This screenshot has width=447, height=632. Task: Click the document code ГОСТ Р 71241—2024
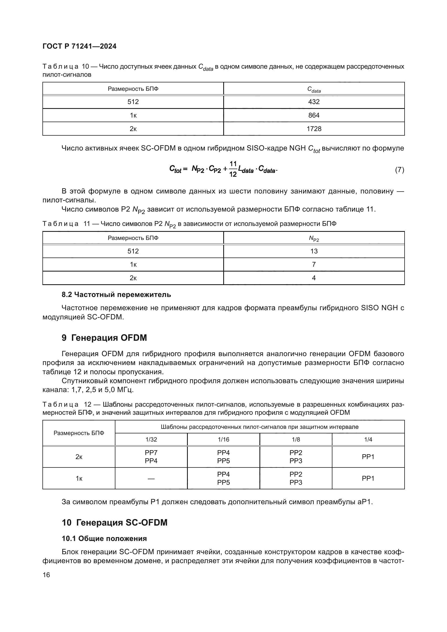79,46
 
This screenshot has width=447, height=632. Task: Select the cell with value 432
314,102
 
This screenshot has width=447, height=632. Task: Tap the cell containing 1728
314,129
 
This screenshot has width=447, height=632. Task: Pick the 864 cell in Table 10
314,115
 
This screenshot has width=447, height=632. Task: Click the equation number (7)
399,170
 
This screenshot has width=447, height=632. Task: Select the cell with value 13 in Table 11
314,251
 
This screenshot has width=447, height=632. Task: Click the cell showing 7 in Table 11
314,265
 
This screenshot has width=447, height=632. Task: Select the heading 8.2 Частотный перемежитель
116,295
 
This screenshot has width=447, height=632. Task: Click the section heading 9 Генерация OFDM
104,338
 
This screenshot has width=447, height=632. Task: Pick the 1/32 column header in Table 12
151,439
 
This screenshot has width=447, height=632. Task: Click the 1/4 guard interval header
368,439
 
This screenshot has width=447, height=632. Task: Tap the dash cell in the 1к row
151,479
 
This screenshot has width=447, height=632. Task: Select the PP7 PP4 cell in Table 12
151,457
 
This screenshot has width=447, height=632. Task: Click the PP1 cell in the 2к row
368,457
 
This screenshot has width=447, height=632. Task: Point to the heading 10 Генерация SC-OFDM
115,523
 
